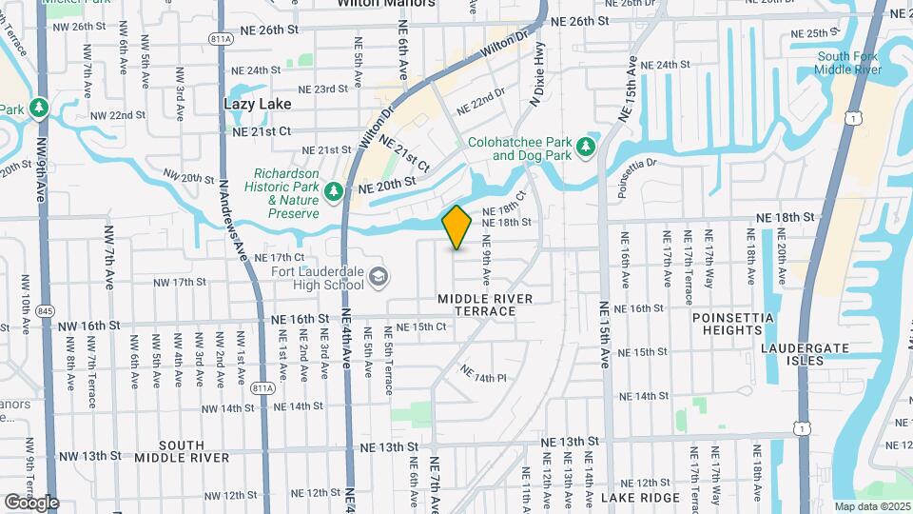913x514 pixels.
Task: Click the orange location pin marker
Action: [x=456, y=227]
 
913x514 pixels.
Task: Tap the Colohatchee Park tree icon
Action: [x=587, y=147]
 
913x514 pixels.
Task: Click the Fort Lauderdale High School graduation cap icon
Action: [x=379, y=277]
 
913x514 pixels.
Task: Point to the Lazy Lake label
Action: [x=257, y=103]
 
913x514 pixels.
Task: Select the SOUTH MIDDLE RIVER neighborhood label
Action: [x=182, y=451]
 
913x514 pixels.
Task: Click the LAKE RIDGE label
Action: [x=640, y=498]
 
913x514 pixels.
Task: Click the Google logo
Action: [x=31, y=503]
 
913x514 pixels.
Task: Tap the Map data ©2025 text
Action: [x=871, y=506]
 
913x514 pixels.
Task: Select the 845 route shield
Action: [x=44, y=310]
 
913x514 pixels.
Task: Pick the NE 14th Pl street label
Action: [x=483, y=373]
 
